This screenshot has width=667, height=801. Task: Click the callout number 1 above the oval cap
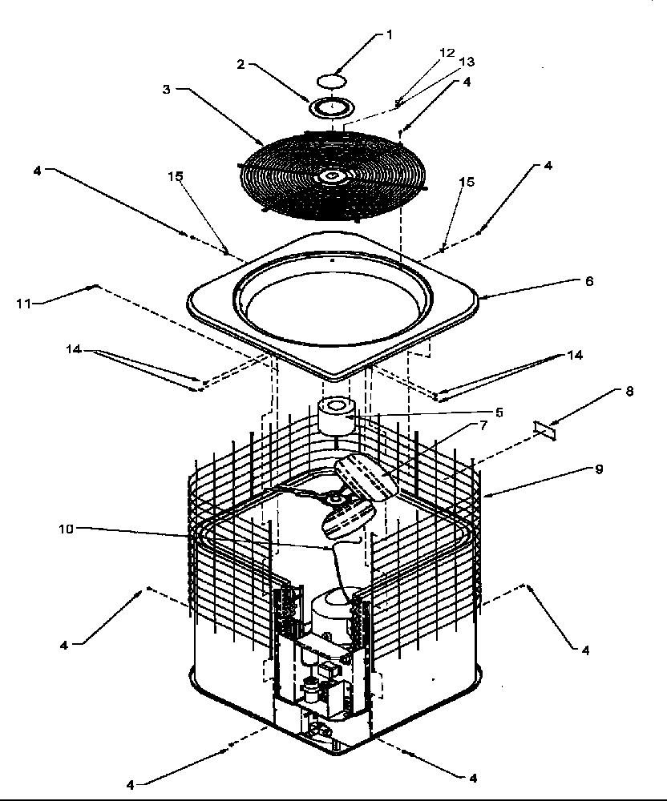(390, 34)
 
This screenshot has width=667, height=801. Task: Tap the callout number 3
(166, 89)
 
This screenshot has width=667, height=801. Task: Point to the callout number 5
(499, 413)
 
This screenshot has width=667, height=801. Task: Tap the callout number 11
(24, 302)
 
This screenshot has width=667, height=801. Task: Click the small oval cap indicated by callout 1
(333, 80)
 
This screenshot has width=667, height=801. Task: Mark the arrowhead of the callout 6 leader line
(480, 297)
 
